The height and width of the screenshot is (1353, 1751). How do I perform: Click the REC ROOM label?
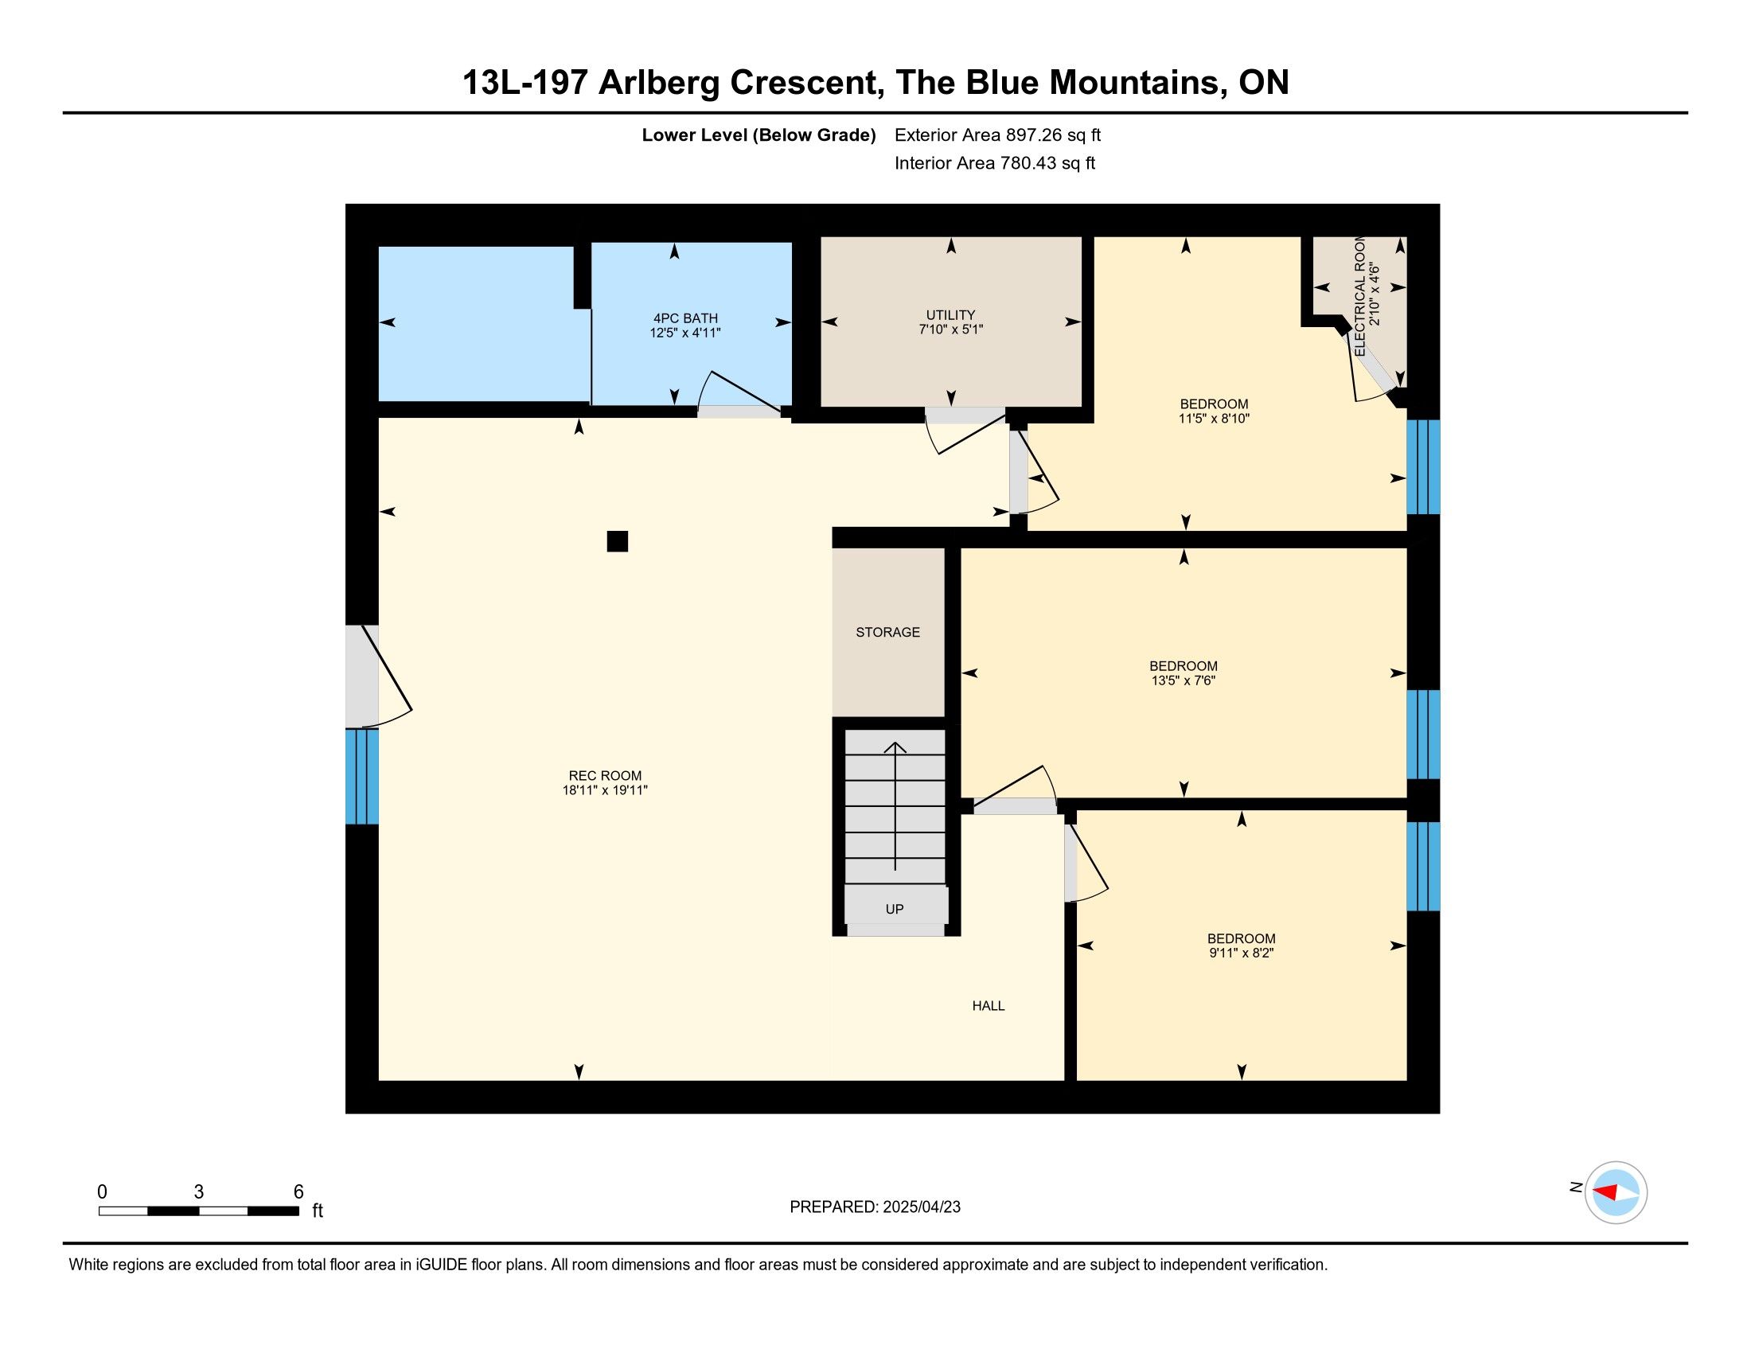(x=605, y=775)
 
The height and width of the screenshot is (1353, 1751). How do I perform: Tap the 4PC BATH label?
(x=685, y=318)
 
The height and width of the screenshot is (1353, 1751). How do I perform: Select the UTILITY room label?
(x=951, y=315)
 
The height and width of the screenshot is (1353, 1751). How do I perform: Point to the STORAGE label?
(x=887, y=632)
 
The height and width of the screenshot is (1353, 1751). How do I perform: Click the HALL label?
(x=988, y=1005)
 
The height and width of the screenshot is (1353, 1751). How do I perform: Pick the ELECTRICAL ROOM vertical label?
(x=1359, y=297)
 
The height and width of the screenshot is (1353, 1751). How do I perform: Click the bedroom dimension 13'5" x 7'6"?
(x=1184, y=680)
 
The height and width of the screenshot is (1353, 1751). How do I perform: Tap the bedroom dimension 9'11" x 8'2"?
(x=1241, y=953)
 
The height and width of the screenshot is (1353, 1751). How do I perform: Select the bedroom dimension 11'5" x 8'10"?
(x=1214, y=419)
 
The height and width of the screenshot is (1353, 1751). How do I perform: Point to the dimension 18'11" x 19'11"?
(x=605, y=790)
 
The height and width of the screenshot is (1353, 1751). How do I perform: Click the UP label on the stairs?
(x=895, y=909)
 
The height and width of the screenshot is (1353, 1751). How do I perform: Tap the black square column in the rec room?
(x=618, y=542)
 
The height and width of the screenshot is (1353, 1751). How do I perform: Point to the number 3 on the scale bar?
(x=199, y=1192)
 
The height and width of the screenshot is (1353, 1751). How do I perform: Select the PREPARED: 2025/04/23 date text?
(x=875, y=1207)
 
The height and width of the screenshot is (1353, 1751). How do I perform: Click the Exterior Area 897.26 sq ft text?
(x=997, y=135)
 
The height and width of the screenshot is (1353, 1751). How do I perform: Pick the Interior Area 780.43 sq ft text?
(x=995, y=162)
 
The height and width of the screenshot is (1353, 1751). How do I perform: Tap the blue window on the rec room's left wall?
(x=361, y=776)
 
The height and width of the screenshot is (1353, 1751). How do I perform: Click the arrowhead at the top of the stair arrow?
(x=895, y=747)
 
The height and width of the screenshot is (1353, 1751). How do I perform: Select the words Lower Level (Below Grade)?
(x=759, y=135)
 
